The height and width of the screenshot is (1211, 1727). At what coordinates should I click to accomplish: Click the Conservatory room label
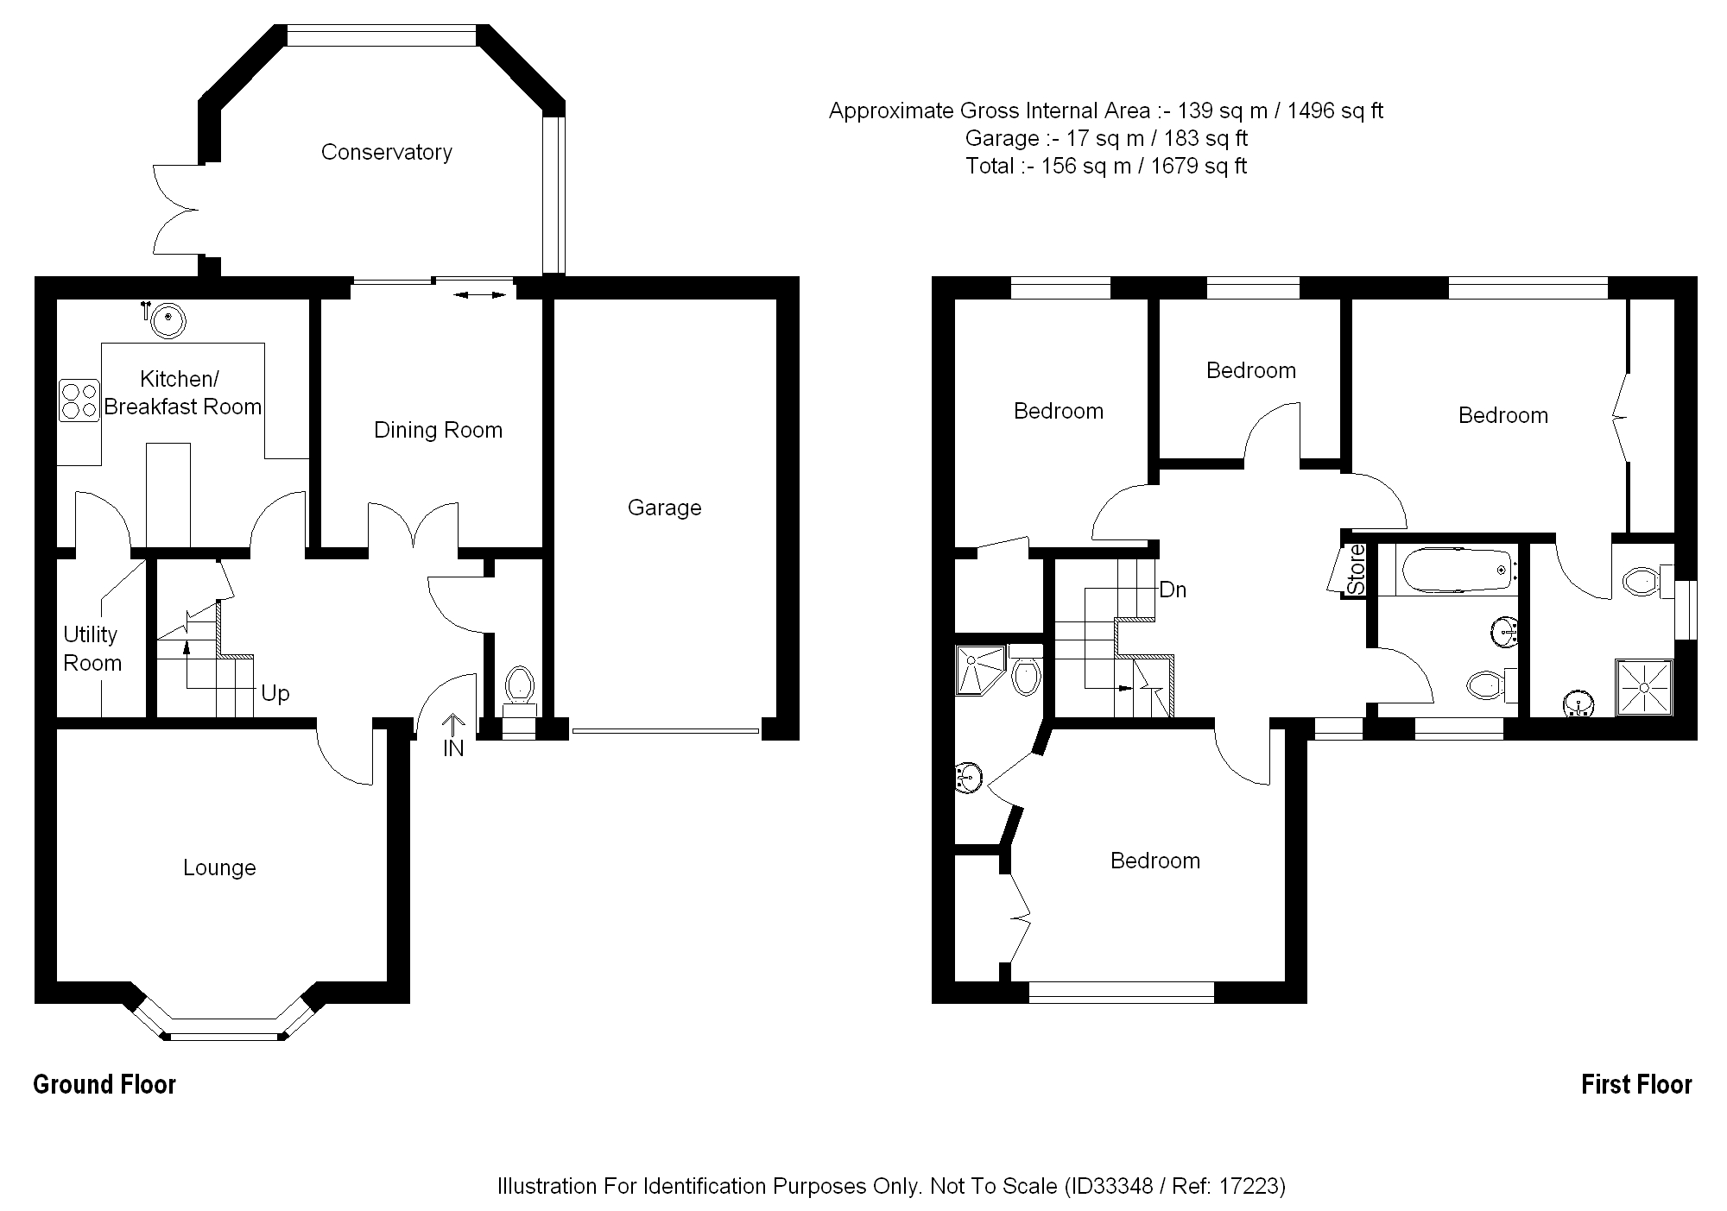click(386, 152)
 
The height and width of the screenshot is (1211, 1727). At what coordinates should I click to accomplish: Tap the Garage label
click(664, 508)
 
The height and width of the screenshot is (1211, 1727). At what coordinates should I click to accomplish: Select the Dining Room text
click(438, 430)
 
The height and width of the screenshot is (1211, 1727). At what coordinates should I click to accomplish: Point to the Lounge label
click(219, 867)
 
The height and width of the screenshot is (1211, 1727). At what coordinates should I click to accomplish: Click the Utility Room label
click(92, 648)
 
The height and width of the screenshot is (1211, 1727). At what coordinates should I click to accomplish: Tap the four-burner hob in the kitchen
click(79, 401)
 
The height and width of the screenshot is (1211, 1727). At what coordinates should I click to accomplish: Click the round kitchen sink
click(168, 320)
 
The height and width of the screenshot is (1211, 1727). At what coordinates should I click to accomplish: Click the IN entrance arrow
click(454, 734)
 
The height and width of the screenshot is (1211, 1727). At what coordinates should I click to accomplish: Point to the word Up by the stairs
click(275, 693)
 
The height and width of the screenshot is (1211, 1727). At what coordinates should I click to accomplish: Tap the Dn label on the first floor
click(1173, 590)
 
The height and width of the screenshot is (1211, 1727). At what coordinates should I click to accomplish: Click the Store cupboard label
click(1357, 570)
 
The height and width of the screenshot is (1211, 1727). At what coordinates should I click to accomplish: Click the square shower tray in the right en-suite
click(1644, 688)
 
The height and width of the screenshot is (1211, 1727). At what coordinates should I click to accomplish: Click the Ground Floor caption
click(104, 1085)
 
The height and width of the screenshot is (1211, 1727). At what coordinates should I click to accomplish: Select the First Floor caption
click(1636, 1085)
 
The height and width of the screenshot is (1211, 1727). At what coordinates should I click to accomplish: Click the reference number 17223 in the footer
click(1250, 1186)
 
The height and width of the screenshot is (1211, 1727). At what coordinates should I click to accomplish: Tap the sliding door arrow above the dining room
click(480, 295)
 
